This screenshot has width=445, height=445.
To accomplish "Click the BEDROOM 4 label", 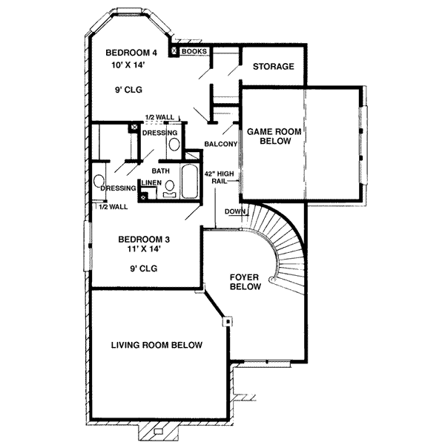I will point(132,53).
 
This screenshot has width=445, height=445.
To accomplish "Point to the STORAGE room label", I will point(273,67).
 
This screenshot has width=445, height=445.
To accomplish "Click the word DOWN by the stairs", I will point(235,211).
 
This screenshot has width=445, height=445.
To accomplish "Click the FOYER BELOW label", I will point(245,282).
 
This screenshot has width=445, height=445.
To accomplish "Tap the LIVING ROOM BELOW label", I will point(157,345).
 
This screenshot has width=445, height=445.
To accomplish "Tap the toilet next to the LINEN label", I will point(170,188).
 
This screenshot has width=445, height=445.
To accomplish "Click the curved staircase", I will point(286,245).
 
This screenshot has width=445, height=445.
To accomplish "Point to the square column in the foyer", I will point(228,322).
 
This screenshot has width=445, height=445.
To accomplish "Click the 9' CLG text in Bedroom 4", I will point(128,90).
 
